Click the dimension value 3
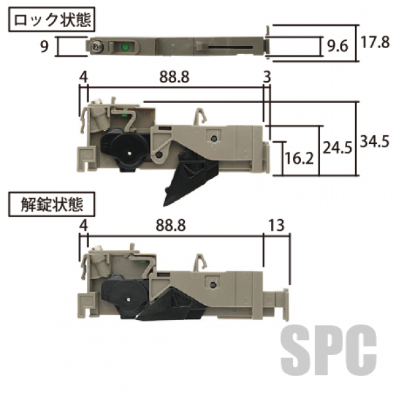coord(267,78)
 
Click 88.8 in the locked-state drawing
coord(174,78)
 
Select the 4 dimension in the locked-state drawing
coord(82,78)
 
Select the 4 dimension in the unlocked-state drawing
coord(82,226)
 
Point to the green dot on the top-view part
coord(125,47)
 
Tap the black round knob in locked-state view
coord(125,150)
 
